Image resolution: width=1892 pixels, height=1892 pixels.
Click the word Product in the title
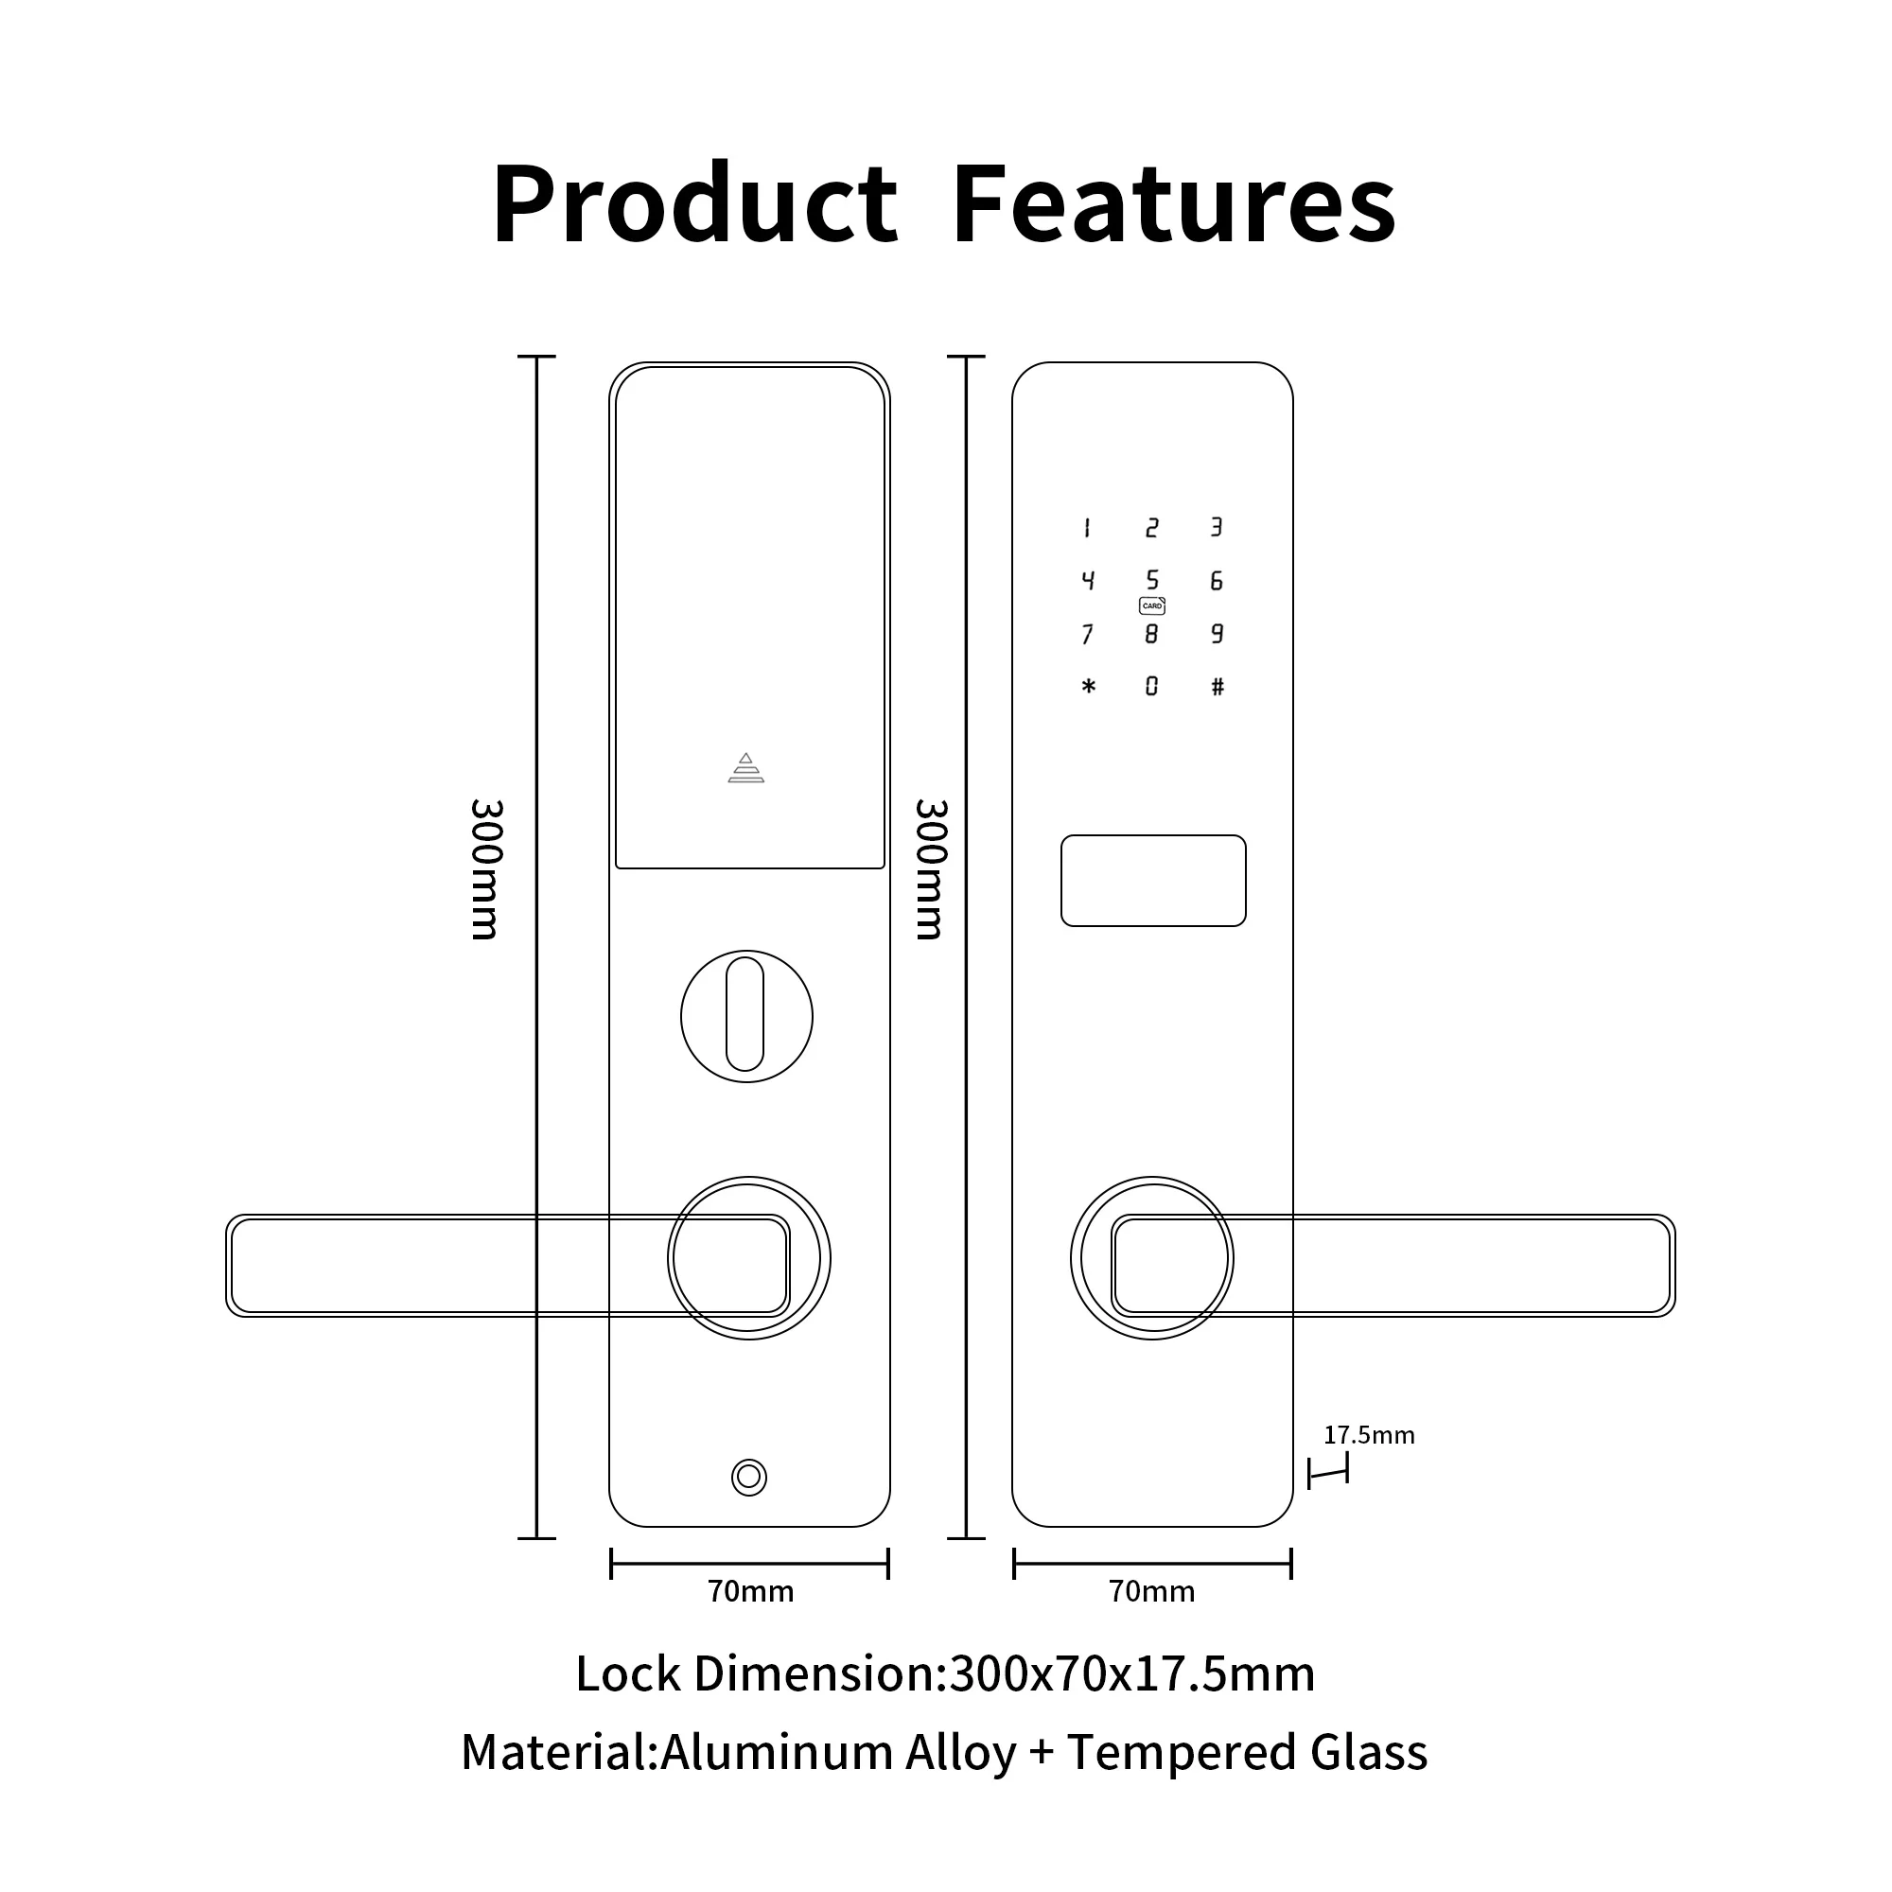694,203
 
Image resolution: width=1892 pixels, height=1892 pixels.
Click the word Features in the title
1173,203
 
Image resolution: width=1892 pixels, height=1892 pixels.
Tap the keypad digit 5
1151,580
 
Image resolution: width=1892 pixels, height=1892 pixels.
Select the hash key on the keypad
1218,687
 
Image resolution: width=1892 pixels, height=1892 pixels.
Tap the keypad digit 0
1151,687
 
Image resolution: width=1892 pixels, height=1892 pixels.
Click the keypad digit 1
1087,529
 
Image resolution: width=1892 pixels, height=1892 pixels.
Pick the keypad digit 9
1218,634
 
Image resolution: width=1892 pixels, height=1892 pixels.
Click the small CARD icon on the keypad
1151,606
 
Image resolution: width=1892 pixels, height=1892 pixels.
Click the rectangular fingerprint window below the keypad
1152,881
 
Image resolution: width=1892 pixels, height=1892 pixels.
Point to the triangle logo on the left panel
746,768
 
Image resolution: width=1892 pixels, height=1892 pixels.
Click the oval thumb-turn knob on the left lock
745,1014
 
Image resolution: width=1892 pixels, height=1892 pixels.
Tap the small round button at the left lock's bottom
749,1477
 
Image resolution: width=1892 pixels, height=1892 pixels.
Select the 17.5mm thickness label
1369,1436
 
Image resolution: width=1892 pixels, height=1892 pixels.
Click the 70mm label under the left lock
750,1591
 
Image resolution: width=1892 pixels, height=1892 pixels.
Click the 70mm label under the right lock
1151,1591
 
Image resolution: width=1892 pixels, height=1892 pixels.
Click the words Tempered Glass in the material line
1247,1752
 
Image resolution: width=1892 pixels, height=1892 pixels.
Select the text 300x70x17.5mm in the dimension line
1132,1673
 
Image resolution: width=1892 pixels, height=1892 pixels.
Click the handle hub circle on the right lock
1151,1258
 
